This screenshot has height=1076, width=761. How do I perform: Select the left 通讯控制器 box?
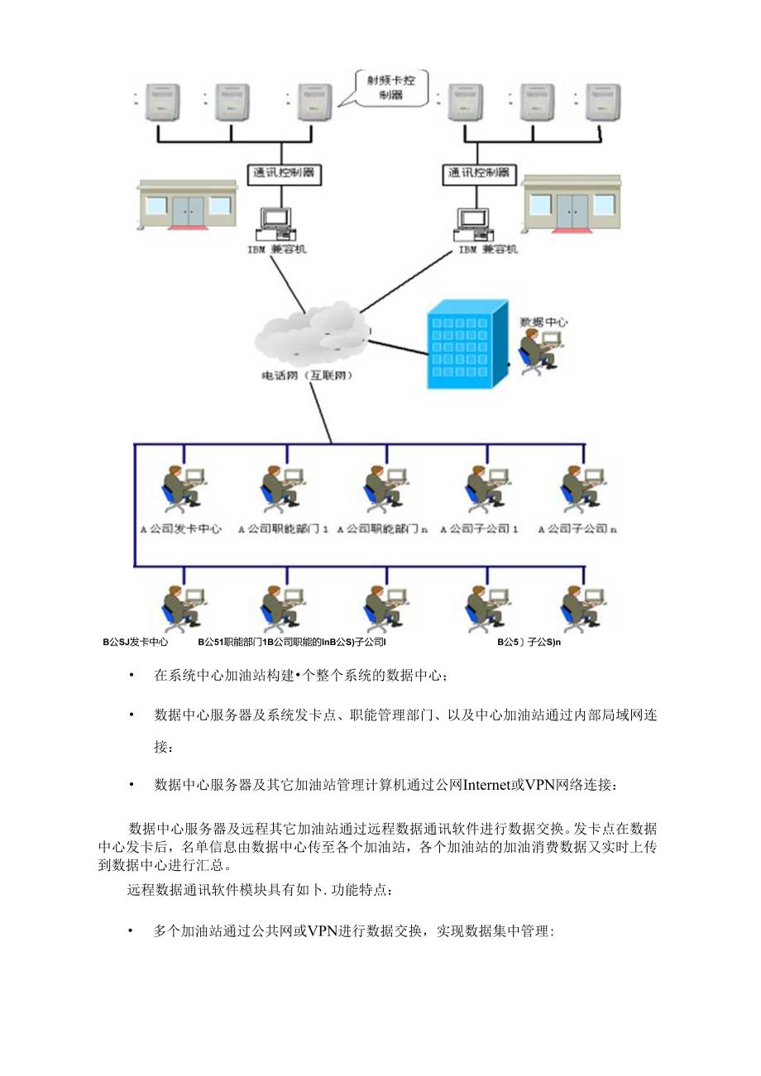tap(281, 174)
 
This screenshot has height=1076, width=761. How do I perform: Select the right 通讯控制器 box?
tap(479, 174)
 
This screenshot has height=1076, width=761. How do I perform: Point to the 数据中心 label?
tap(543, 321)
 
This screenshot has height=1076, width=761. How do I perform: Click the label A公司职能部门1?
tap(284, 528)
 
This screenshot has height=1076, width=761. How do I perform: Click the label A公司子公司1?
tap(480, 528)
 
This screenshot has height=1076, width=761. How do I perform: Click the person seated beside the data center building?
tap(538, 351)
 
